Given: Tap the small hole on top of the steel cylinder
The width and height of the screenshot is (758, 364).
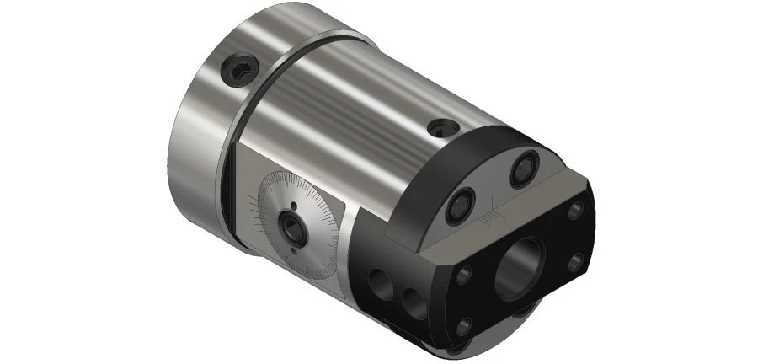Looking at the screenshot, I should pos(442,128).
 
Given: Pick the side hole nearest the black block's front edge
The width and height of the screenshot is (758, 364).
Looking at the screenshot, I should pos(414,301).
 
